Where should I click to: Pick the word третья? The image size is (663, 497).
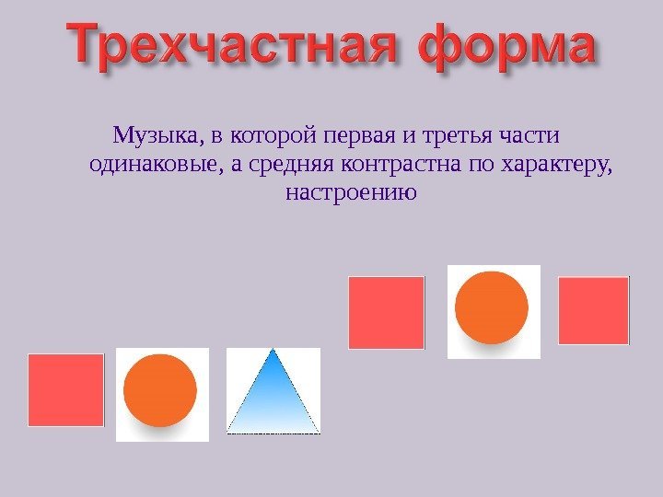(x=458, y=136)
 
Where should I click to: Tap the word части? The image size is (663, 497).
(x=529, y=136)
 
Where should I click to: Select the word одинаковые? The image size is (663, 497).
(x=157, y=164)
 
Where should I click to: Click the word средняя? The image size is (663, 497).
(x=291, y=165)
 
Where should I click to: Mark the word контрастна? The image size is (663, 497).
(x=401, y=165)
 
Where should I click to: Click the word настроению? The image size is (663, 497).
(x=352, y=192)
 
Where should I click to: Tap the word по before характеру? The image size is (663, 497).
(x=482, y=165)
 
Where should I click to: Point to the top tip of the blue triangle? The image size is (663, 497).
(x=273, y=349)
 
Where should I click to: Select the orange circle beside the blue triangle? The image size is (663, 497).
(x=160, y=390)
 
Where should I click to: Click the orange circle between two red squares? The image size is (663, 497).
(x=492, y=307)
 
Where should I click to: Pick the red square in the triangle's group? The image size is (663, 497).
(x=66, y=390)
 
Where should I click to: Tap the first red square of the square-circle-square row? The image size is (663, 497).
(x=387, y=313)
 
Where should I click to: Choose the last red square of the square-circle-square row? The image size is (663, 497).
(x=594, y=311)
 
